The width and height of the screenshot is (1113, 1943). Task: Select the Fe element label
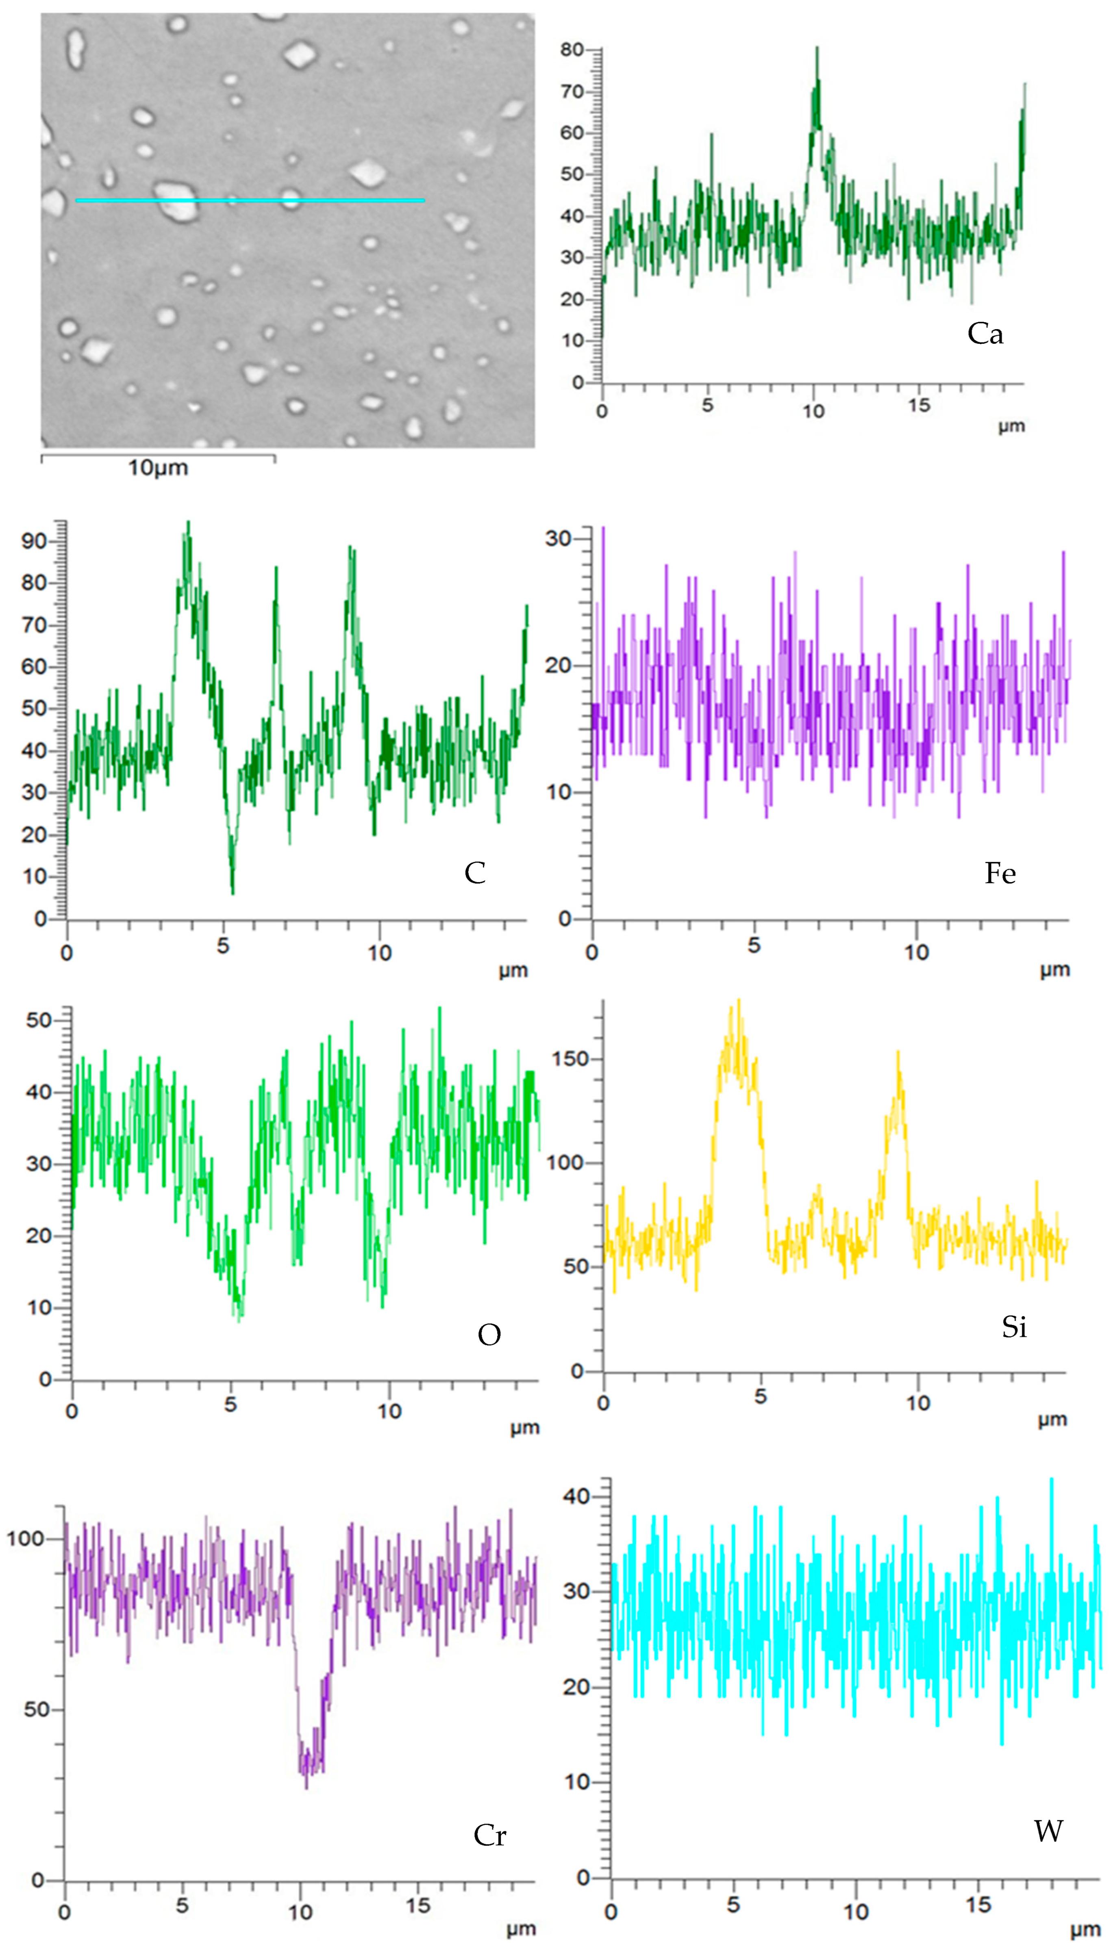click(x=1000, y=873)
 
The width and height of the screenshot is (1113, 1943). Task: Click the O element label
click(x=489, y=1335)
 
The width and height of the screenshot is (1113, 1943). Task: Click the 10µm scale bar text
click(x=157, y=468)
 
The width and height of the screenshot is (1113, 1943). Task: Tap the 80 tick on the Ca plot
click(x=572, y=50)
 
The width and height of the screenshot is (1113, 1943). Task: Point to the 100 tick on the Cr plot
click(x=25, y=1539)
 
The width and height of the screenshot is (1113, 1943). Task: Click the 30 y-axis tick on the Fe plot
click(x=558, y=539)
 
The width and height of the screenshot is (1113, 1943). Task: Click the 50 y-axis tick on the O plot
click(x=38, y=1021)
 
